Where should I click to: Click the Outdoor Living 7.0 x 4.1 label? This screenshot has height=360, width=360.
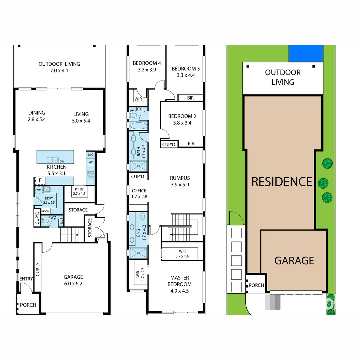[59, 67]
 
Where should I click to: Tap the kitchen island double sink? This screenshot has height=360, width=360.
[53, 160]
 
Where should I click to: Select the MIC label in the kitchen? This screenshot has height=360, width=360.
[91, 155]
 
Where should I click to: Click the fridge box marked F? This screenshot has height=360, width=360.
[40, 181]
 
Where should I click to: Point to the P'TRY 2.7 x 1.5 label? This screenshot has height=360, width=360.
[79, 191]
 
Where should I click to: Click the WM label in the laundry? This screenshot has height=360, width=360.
[39, 190]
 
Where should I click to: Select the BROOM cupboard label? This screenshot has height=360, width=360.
[45, 212]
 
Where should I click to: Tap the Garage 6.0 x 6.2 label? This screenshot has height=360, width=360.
[73, 280]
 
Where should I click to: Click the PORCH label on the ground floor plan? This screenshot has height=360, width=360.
[28, 305]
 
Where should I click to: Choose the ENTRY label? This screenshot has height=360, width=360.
[26, 279]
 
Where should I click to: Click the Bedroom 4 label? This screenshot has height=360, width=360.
[147, 66]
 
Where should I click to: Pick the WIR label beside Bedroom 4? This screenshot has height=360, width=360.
[138, 99]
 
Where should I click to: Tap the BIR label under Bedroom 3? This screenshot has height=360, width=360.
[191, 98]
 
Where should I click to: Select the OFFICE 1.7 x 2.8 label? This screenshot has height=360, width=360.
[139, 193]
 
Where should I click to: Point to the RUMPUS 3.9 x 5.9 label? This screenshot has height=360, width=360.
[180, 181]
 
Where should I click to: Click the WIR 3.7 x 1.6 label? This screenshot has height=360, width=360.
[179, 254]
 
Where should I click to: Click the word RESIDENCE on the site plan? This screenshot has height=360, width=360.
[282, 182]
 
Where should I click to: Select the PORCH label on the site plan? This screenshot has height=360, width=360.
[256, 285]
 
